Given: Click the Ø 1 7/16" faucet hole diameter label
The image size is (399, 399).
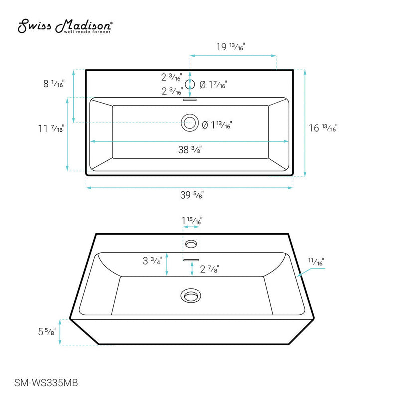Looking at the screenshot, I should [x=213, y=85].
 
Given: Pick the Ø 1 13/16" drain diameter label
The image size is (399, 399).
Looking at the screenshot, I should [x=217, y=125].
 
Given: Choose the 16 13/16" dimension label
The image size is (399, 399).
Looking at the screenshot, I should [x=323, y=128].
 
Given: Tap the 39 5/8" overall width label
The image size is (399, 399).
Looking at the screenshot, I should [x=190, y=195].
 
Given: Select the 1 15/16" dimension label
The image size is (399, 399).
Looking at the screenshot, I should [x=192, y=220].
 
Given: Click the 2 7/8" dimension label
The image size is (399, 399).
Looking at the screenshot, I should [x=209, y=269].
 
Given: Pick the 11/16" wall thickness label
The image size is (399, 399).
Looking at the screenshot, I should [x=316, y=261].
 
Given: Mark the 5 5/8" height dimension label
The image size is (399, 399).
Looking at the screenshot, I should [x=48, y=331].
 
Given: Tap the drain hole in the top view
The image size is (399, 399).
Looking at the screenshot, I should [x=189, y=122].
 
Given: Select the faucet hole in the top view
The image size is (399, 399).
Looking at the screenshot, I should [x=190, y=84].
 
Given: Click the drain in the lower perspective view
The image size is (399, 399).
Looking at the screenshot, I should [x=190, y=295].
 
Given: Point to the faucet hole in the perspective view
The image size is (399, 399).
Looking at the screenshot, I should [x=191, y=244].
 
